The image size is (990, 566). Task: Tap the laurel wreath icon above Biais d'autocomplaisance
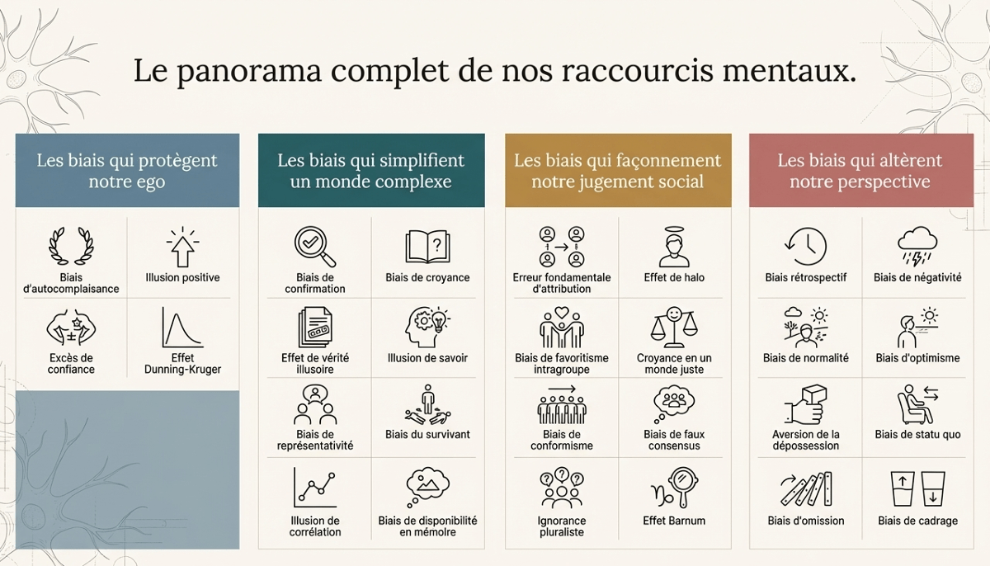(x=71, y=246)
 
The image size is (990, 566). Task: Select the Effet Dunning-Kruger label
(x=182, y=364)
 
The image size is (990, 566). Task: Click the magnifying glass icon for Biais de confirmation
(x=314, y=246)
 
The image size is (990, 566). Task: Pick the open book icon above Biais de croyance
(x=427, y=246)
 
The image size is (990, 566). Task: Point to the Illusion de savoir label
(x=427, y=358)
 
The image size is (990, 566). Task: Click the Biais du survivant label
(x=427, y=434)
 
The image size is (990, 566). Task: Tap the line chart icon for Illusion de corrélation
(x=314, y=488)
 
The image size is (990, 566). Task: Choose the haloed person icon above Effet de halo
(x=674, y=246)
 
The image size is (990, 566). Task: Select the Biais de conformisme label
(x=562, y=440)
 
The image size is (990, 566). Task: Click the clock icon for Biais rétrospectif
(x=805, y=246)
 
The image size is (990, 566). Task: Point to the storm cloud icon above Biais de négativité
(x=917, y=246)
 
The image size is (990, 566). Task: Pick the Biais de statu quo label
(x=917, y=434)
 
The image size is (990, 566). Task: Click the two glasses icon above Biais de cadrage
(x=917, y=488)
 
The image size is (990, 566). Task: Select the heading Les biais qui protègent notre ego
(x=127, y=170)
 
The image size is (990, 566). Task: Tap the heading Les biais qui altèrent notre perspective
(x=860, y=170)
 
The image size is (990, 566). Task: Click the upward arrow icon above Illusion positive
(x=182, y=246)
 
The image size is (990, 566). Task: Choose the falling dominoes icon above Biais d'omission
(x=805, y=488)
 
